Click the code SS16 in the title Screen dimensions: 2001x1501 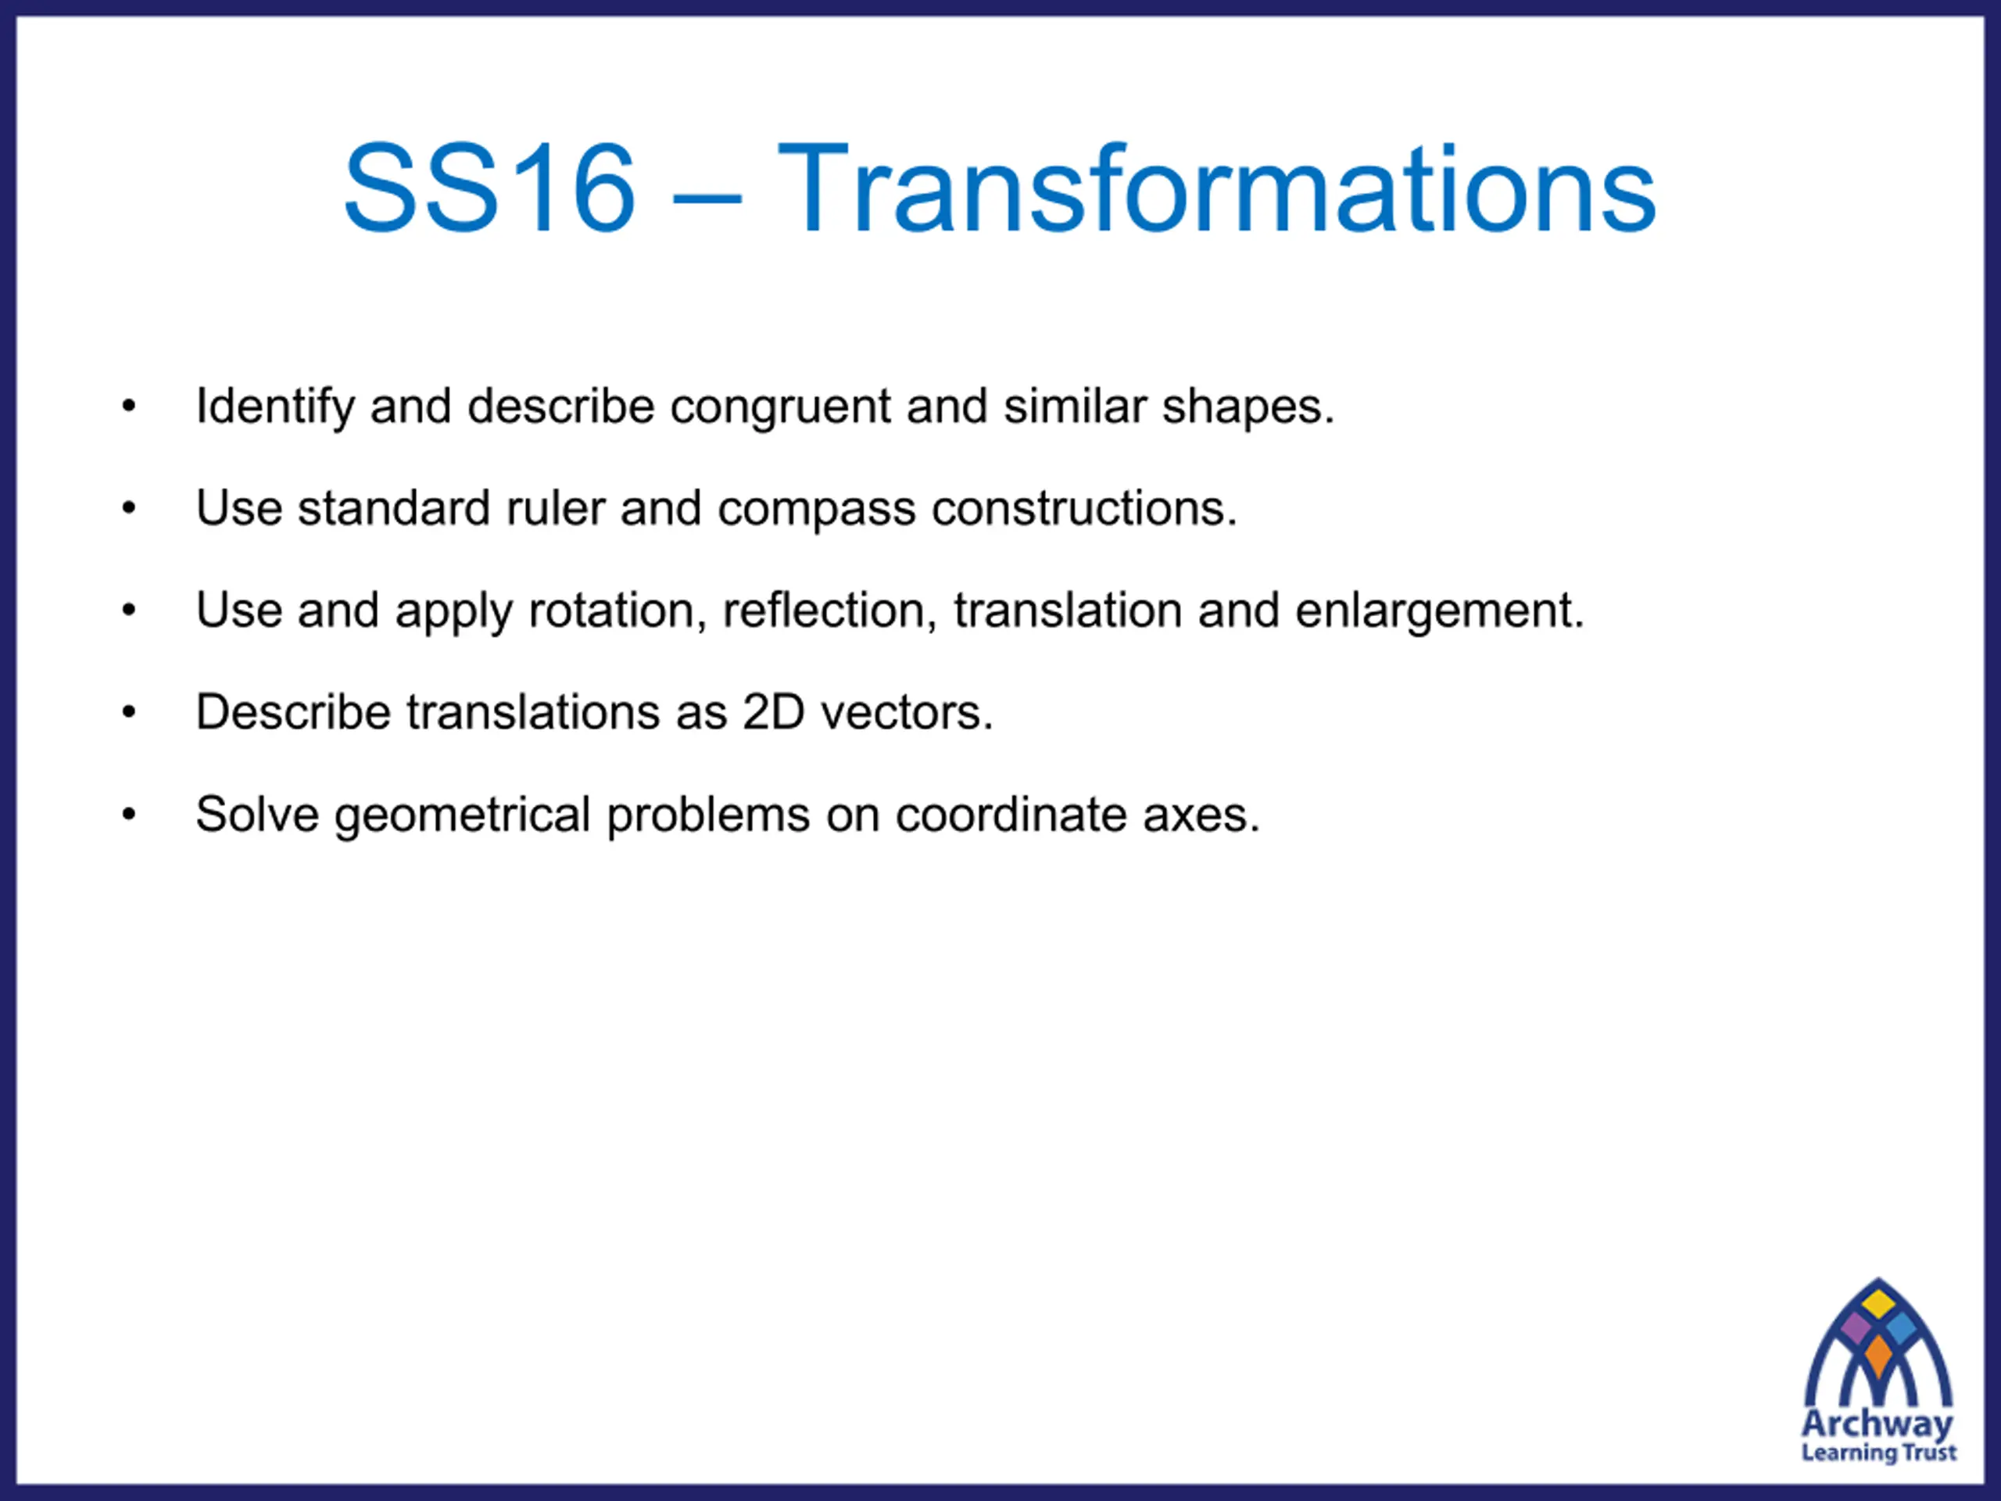(489, 188)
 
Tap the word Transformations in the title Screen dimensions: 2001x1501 (1217, 188)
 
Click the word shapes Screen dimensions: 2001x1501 (1247, 407)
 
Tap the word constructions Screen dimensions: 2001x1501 (1083, 507)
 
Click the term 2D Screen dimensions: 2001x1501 (774, 712)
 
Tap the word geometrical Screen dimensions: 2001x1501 (462, 815)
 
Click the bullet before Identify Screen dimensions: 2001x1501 (129, 407)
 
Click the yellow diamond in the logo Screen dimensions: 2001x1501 (1879, 1304)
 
